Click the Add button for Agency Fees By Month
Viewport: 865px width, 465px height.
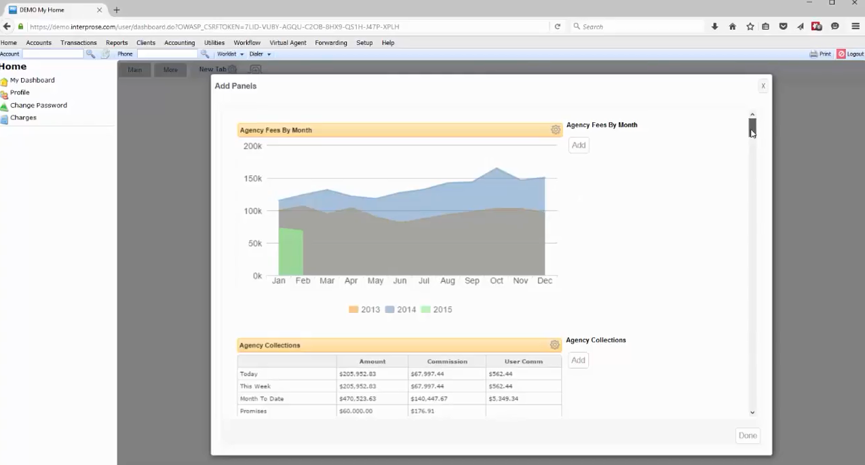tap(578, 145)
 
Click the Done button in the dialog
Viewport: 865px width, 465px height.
tap(748, 436)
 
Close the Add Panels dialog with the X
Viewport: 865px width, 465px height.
tap(763, 86)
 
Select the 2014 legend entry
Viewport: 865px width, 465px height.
tap(400, 310)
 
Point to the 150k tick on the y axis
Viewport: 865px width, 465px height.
tap(252, 179)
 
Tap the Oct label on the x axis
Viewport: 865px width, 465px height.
tap(497, 280)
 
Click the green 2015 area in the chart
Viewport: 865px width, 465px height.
tap(290, 253)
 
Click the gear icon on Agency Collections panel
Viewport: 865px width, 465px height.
tap(554, 345)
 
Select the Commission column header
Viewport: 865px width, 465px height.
tap(447, 361)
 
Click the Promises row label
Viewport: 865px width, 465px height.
tap(253, 411)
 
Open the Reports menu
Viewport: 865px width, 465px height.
tap(117, 43)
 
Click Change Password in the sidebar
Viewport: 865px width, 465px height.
tap(38, 105)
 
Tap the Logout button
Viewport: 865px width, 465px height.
tap(850, 54)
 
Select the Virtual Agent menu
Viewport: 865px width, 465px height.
tap(288, 43)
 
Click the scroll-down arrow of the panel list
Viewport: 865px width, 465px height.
tap(752, 412)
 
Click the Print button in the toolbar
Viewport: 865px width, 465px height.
tap(820, 54)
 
